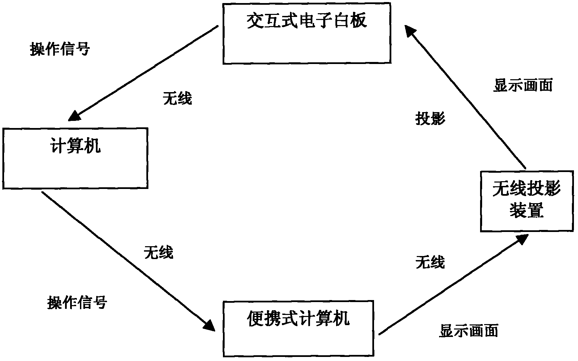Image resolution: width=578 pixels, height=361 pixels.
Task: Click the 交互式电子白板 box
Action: point(307,33)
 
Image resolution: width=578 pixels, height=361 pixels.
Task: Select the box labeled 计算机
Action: point(75,158)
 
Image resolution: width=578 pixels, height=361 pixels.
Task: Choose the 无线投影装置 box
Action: point(527,201)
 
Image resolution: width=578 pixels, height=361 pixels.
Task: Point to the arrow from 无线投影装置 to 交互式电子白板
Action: point(468,98)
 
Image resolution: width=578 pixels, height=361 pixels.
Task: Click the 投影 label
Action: point(430,119)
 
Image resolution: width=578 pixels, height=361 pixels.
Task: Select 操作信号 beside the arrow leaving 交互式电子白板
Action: point(60,49)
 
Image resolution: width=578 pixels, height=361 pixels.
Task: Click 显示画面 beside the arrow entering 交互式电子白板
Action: point(523,85)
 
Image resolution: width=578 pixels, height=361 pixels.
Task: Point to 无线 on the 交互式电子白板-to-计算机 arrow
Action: point(178,98)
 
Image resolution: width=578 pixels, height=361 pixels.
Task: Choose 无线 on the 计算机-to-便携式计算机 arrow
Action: point(159,252)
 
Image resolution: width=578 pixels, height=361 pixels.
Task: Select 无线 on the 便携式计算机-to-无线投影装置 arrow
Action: point(430,262)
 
